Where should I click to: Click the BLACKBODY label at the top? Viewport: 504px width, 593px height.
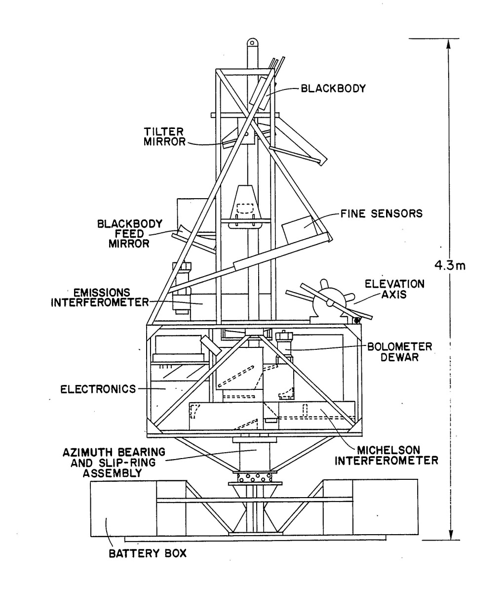point(333,89)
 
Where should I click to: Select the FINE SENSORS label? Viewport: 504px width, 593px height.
point(381,214)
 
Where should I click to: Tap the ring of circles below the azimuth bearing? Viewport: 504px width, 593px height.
point(254,478)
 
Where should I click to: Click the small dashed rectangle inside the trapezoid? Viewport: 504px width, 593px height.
point(246,207)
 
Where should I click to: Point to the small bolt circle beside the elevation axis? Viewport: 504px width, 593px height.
point(357,320)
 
